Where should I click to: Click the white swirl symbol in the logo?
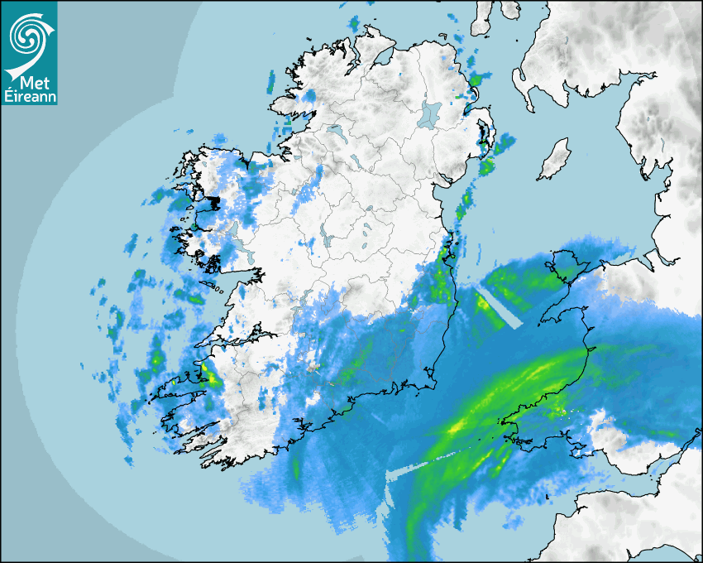[x=27, y=34]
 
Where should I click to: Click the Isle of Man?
[x=555, y=160]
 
